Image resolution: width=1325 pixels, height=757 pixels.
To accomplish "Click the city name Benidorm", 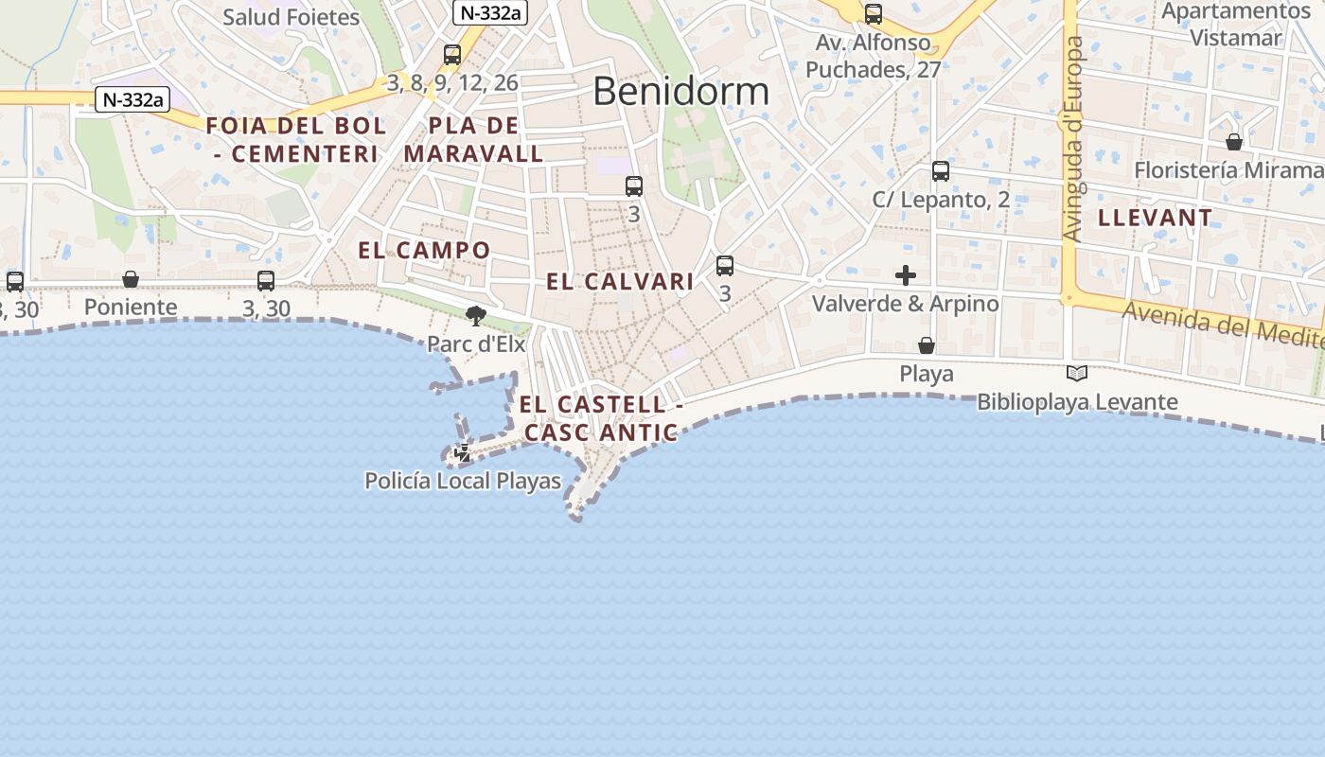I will coord(680,91).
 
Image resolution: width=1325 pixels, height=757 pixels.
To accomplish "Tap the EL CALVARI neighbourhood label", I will coord(620,281).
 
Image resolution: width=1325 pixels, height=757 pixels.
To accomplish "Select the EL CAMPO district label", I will coord(424,250).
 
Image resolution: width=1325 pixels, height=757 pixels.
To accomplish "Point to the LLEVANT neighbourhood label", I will coord(1155,218).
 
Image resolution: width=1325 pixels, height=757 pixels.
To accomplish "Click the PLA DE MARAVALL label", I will coord(473,139).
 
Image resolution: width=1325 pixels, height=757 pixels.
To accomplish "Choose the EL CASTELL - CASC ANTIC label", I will coord(601,418).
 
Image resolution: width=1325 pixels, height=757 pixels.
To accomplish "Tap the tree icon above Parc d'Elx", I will coord(475,315).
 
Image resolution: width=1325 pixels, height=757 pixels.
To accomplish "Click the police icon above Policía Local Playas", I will coord(462,453).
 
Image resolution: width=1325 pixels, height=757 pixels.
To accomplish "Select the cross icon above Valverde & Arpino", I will coord(906,275).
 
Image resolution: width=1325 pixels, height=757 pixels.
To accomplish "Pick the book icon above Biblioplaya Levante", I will coord(1077,373).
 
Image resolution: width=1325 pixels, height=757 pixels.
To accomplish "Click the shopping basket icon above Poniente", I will coord(131,279).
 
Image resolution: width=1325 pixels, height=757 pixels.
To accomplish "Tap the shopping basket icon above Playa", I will coord(927,345).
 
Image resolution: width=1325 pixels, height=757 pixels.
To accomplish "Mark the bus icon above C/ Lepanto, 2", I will coord(940,171).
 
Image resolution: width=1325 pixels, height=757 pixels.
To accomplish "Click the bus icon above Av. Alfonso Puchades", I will coord(873,14).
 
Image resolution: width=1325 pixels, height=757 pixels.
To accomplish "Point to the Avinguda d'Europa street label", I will coord(1072,139).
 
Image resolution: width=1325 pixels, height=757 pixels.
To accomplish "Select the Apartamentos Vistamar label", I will coord(1235,25).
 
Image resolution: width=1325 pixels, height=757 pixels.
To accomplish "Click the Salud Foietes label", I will coord(291,17).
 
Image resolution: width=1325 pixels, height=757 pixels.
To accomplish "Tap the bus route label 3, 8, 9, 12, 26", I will coord(452,82).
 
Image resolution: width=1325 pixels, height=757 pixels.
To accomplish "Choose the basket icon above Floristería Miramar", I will coord(1234,142).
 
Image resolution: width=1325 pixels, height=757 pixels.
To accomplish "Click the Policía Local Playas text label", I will coord(463,481).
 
